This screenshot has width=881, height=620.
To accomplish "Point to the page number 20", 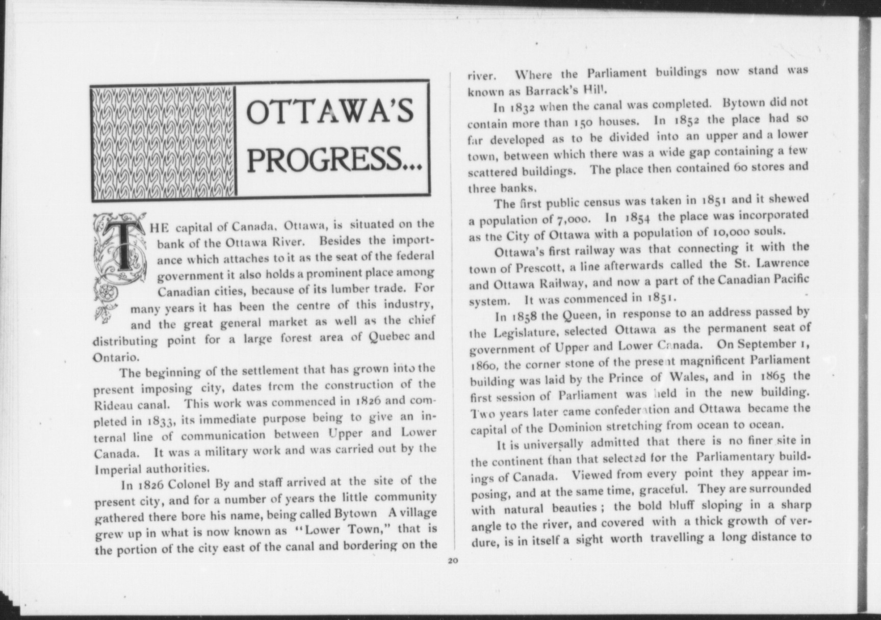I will (453, 561).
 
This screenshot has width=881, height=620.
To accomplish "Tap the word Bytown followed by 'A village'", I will (356, 513).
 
